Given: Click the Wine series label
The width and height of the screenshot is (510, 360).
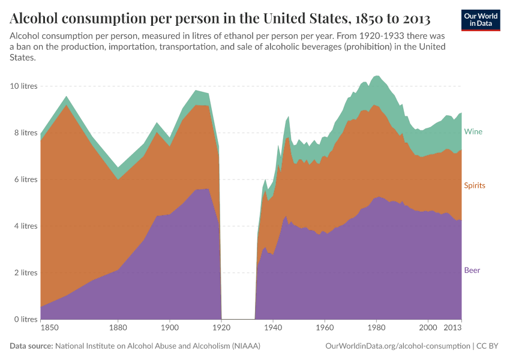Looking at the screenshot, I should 473,131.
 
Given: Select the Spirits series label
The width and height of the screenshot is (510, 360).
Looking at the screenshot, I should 474,185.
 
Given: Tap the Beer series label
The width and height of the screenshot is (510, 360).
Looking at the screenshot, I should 472,270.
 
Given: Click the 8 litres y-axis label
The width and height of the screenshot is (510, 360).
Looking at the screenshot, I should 26,133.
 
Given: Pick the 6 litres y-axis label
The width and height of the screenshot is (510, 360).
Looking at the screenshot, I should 26,179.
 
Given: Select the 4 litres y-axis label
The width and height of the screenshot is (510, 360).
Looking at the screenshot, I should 26,226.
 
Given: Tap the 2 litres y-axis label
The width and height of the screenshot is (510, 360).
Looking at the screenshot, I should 26,273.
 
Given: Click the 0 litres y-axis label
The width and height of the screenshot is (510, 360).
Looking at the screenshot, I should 26,319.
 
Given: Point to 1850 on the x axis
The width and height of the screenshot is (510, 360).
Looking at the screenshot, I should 49,328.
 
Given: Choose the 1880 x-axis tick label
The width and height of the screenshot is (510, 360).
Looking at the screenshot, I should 118,328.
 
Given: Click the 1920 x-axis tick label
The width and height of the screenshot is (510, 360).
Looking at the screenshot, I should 221,328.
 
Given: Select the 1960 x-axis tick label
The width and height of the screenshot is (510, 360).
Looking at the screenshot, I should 325,328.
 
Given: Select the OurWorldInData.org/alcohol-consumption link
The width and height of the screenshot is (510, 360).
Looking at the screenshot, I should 397,346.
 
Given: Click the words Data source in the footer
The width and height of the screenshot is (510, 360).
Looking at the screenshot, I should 31,346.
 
